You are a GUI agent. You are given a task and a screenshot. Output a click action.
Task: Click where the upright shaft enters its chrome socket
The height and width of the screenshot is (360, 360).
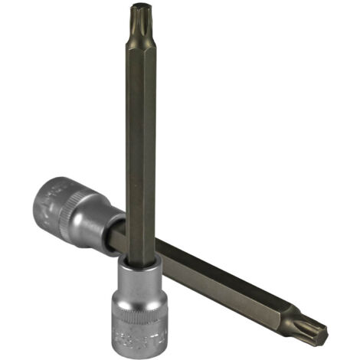[x=139, y=263]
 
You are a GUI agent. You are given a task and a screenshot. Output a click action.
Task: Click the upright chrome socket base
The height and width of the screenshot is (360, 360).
[x=140, y=306]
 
